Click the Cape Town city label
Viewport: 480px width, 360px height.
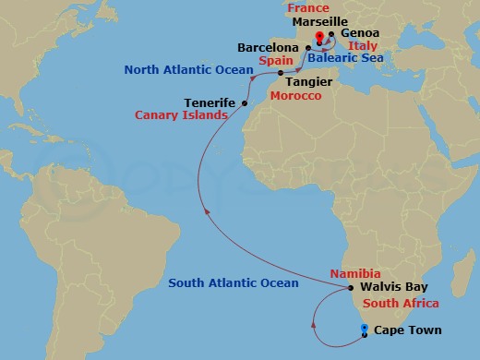(x=407, y=330)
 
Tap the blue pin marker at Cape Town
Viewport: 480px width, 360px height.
(x=365, y=329)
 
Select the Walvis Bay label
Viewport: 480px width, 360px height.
(x=395, y=287)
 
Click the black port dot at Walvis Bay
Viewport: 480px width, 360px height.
(x=352, y=287)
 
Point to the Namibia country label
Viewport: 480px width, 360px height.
(x=355, y=274)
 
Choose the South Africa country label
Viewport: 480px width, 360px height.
(x=401, y=303)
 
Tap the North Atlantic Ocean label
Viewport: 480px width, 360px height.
(x=188, y=69)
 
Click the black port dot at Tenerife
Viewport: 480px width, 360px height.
(x=244, y=102)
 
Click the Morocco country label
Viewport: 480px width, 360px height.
(x=295, y=96)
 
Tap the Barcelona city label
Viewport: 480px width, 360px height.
(x=268, y=46)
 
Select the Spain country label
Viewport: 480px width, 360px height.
(x=270, y=59)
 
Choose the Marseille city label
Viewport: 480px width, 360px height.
(x=318, y=20)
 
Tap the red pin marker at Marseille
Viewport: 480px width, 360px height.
(x=318, y=37)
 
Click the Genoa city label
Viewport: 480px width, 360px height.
(x=360, y=33)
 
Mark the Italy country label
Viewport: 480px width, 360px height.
(x=363, y=45)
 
